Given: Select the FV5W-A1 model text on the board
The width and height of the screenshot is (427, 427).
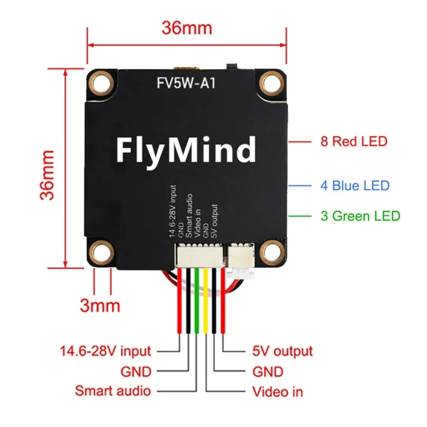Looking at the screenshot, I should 187,83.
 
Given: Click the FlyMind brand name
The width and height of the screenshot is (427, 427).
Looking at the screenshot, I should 186,149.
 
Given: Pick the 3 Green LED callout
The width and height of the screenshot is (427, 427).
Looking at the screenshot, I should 360,216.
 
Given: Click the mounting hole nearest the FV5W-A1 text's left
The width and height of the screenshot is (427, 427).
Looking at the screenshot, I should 100,82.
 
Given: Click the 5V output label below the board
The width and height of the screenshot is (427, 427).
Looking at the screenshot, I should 282,351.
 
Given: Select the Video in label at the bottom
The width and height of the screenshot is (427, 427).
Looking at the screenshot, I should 277,392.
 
